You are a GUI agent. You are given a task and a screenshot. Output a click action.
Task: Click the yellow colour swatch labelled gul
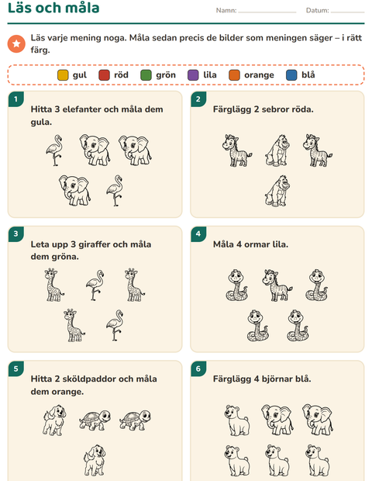click(x=63, y=75)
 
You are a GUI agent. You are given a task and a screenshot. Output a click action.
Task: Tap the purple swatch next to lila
click(x=193, y=75)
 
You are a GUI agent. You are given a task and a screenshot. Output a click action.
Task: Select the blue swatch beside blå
click(x=291, y=75)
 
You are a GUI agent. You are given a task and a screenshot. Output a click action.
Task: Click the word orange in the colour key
click(x=259, y=75)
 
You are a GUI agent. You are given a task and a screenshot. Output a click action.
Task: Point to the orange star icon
click(x=16, y=43)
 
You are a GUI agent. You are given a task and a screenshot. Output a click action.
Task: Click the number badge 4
click(x=198, y=234)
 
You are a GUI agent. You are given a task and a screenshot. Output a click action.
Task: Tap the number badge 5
click(x=16, y=369)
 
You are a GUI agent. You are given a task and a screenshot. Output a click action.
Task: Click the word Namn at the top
click(x=226, y=10)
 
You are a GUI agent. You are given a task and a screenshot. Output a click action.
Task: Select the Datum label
click(x=317, y=10)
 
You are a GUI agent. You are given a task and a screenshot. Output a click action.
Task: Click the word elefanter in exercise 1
click(x=82, y=109)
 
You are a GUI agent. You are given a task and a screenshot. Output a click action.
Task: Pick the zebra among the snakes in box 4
click(x=277, y=285)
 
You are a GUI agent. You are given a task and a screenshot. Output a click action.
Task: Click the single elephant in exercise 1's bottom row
click(x=74, y=190)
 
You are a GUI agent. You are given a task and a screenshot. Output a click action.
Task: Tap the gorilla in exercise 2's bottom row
click(x=277, y=191)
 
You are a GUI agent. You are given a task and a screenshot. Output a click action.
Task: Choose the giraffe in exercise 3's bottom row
click(x=74, y=325)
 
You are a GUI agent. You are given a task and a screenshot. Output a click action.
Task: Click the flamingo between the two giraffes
click(x=95, y=285)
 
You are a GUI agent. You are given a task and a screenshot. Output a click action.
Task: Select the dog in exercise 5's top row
click(x=54, y=420)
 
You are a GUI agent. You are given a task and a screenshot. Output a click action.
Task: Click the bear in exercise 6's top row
click(x=237, y=420)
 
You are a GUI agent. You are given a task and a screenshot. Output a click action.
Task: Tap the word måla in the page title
click(x=82, y=8)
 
